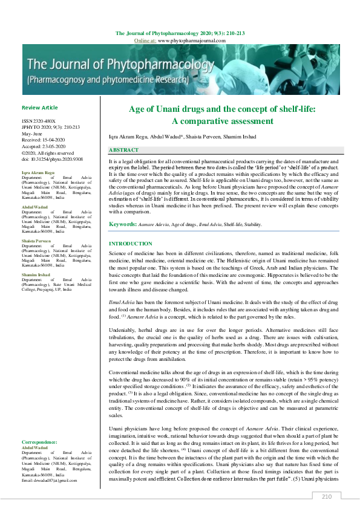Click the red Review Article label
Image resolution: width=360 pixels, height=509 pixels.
tap(39, 108)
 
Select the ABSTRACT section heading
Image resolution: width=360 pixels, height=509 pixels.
tap(124, 149)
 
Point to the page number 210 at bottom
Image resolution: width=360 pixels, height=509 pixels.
tap(327, 496)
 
